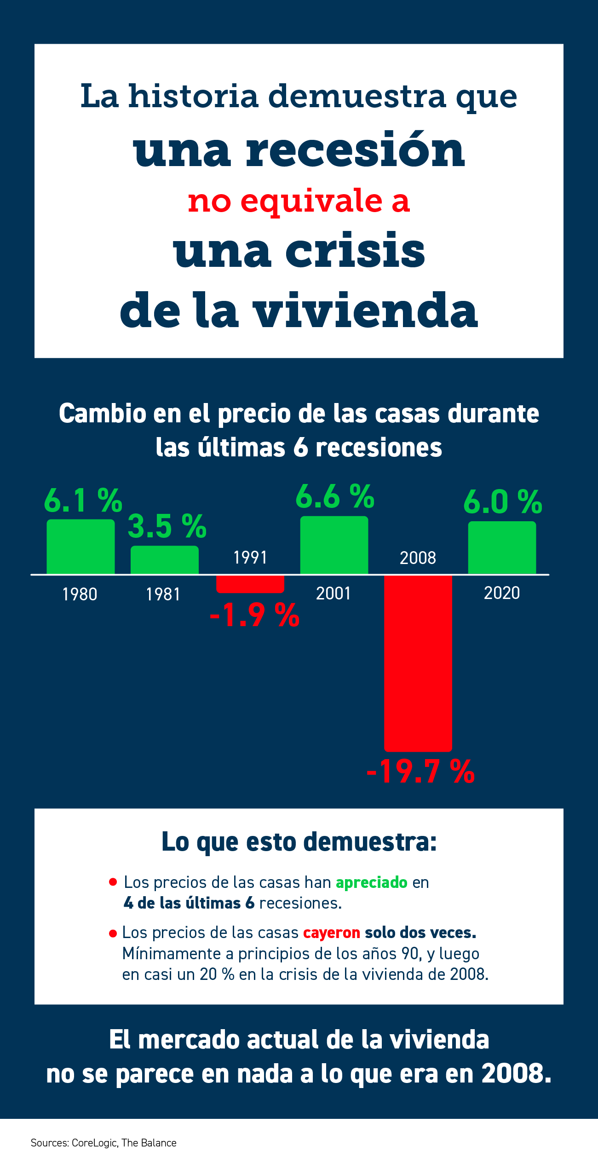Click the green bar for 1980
pos(80,547)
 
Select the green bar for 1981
pos(164,560)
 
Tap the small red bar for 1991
pos(250,584)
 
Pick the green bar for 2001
pos(334,545)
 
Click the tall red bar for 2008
pos(418,662)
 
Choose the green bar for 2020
pos(502,547)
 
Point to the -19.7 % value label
pos(420,772)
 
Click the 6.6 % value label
pos(335,497)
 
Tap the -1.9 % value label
pos(254,615)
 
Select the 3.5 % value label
pos(167,526)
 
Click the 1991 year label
pos(250,558)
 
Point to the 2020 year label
pos(501,593)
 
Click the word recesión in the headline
pos(355,150)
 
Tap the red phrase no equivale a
pos(299,201)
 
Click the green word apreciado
pos(371,882)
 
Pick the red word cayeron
pos(331,933)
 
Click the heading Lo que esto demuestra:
pos(299,842)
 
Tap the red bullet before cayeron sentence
pos(113,933)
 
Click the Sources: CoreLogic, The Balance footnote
pos(103,1143)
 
